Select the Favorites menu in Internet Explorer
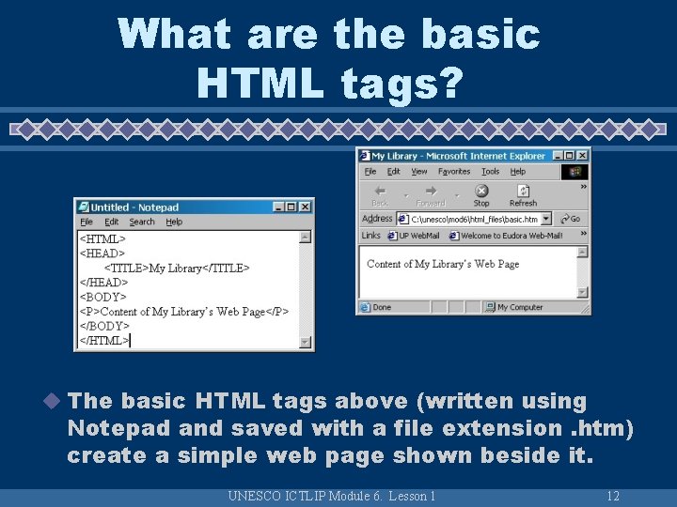coord(454,172)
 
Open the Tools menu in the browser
coord(490,172)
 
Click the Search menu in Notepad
coord(142,223)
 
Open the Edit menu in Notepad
coord(112,223)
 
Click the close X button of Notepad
coord(306,207)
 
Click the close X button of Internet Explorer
coord(582,156)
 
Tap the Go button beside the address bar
coord(570,219)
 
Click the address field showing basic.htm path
coord(474,219)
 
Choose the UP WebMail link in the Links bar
coord(417,236)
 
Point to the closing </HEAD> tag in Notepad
coord(102,283)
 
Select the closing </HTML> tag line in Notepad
coord(103,340)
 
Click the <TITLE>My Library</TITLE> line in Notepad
coord(177,268)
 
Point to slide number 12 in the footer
coord(612,496)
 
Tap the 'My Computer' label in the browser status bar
coord(519,307)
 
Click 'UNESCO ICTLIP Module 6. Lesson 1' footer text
coord(332,496)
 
